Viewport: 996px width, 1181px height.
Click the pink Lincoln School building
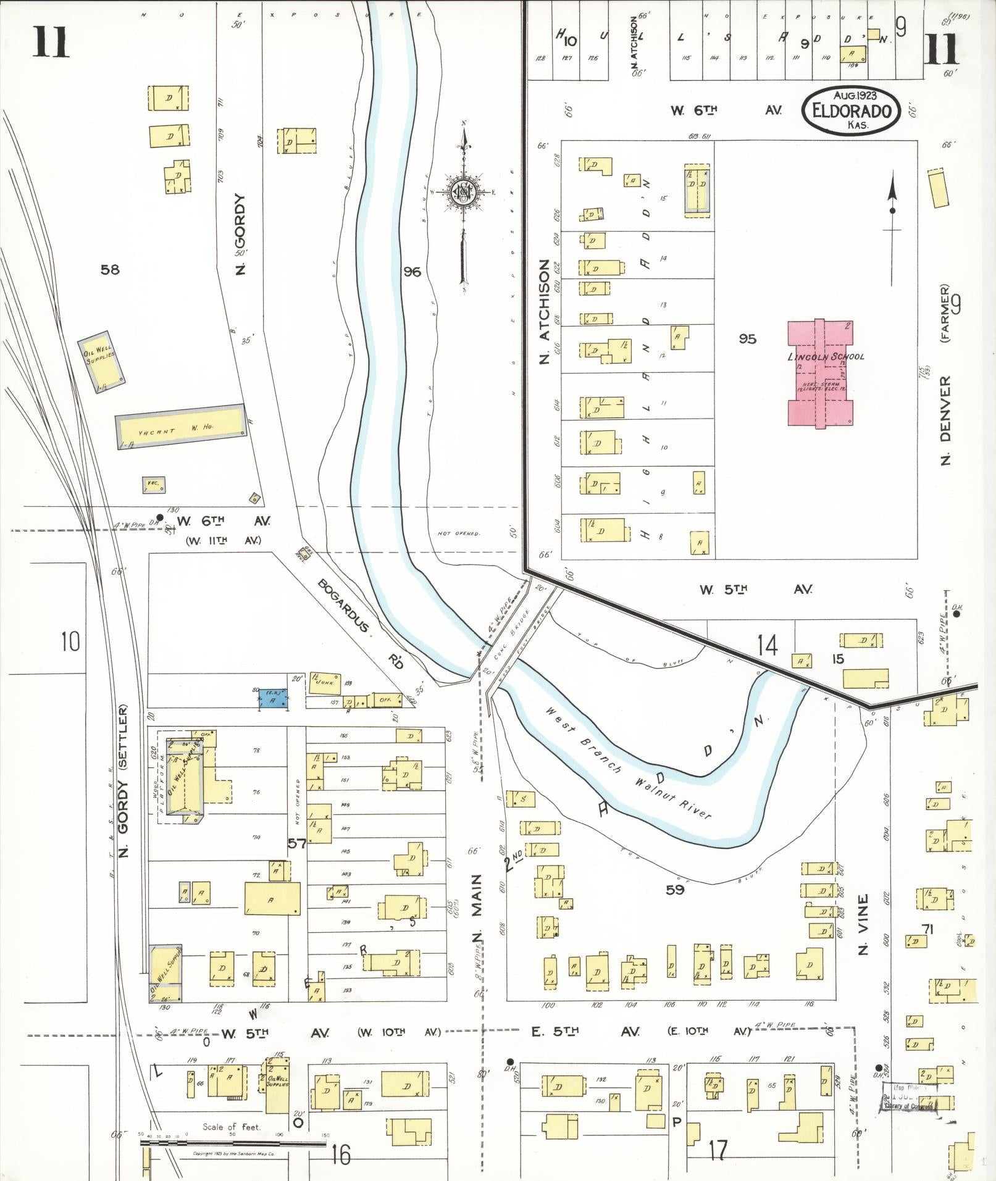point(819,373)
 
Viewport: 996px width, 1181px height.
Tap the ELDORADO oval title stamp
point(851,110)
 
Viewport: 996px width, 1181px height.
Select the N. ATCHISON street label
point(544,311)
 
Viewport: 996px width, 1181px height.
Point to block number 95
point(747,339)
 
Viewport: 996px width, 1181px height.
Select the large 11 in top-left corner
point(51,43)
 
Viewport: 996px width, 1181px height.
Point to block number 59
point(675,890)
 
